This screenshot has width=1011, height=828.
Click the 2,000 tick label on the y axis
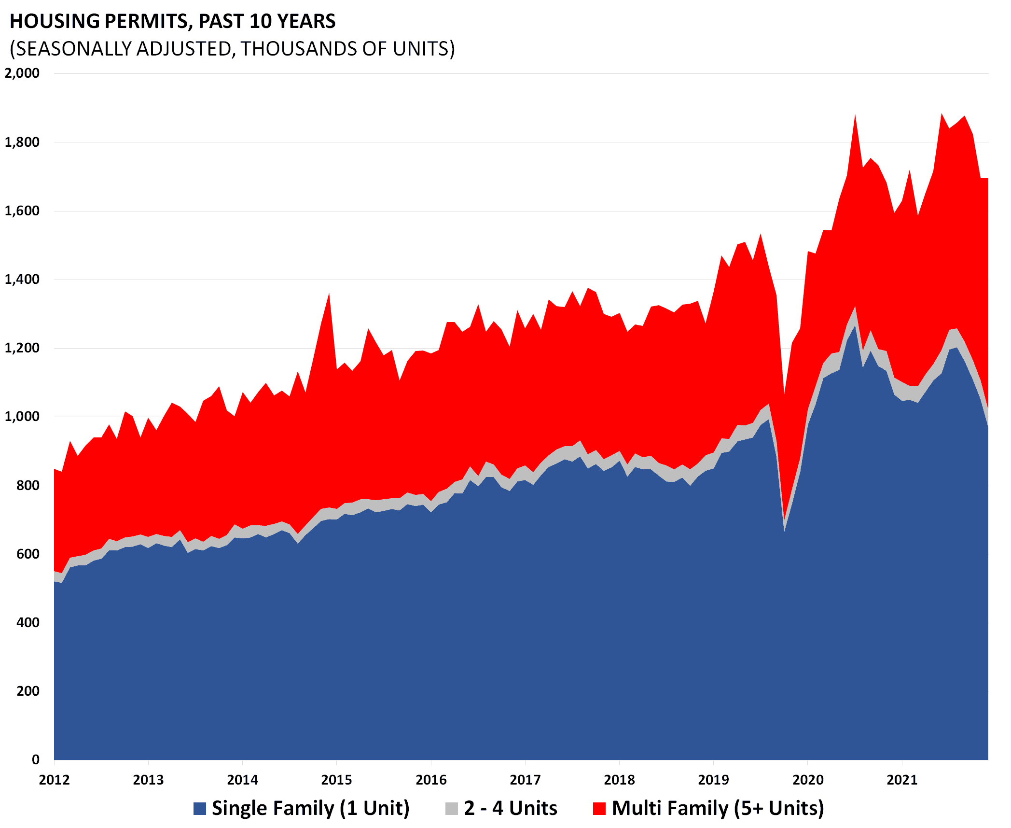22,73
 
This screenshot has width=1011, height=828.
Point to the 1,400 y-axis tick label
22,280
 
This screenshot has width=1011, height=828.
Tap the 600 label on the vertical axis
28,554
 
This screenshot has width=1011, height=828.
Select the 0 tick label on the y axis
35,759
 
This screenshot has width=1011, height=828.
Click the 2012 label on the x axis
54,780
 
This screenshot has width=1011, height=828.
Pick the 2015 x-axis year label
337,780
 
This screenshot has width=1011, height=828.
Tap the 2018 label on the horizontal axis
619,780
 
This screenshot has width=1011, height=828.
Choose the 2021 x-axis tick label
902,780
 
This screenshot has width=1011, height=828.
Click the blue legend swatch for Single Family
200,809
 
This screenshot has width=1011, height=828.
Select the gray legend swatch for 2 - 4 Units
452,809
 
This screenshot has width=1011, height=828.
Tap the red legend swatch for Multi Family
599,809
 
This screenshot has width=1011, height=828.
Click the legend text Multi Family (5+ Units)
718,808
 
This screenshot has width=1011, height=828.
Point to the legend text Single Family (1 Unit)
310,808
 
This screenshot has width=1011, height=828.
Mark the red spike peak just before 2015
329,294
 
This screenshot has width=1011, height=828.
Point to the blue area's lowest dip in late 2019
785,531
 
